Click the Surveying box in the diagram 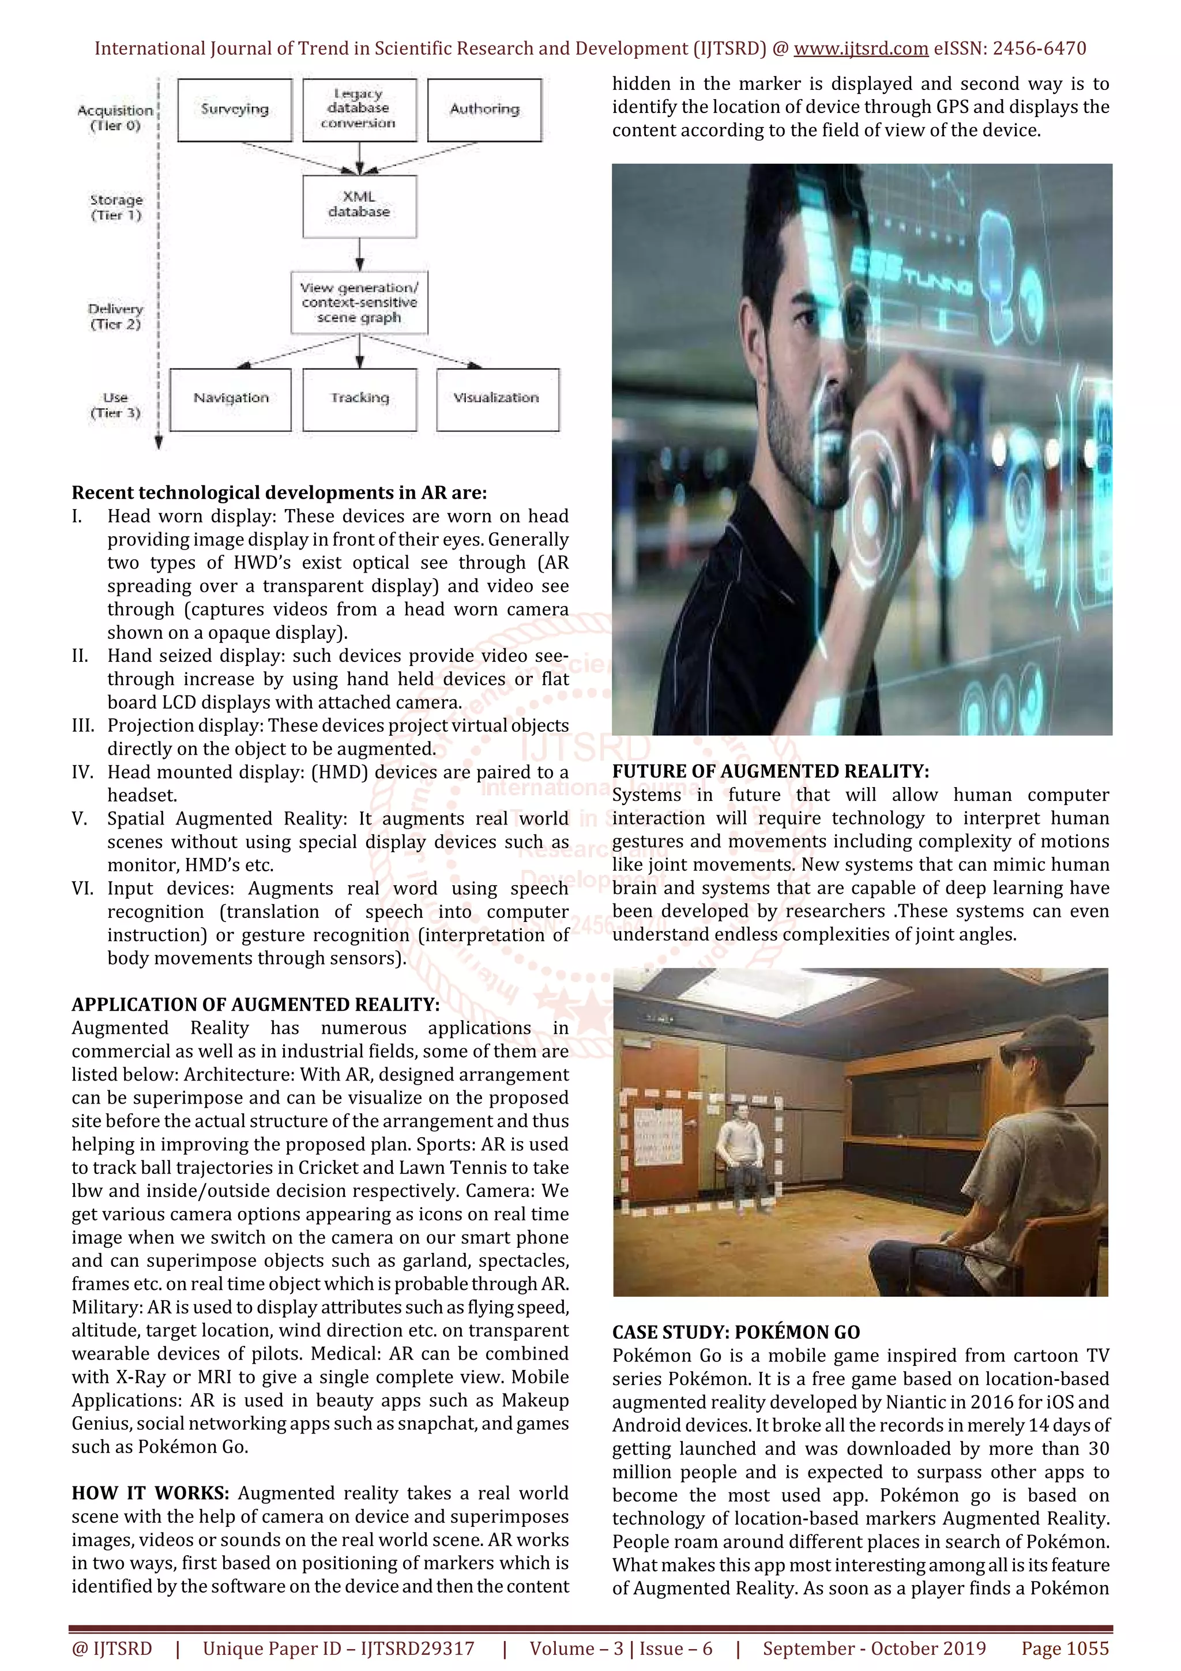click(x=234, y=110)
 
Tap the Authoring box click(x=484, y=110)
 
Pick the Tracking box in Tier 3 click(x=359, y=399)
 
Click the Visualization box click(x=497, y=399)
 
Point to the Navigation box click(x=231, y=399)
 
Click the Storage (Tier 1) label click(x=116, y=208)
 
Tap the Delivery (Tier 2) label click(x=116, y=317)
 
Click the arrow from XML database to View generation click(x=359, y=255)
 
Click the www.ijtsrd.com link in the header click(x=860, y=49)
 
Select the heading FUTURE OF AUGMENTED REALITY click(x=770, y=771)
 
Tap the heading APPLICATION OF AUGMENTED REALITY click(x=255, y=1004)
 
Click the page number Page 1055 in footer click(x=1065, y=1649)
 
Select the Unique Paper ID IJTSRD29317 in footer click(x=338, y=1649)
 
